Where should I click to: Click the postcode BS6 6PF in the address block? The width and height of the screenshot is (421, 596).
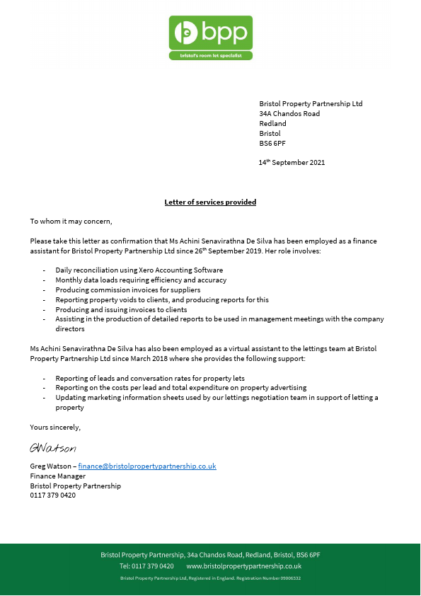coord(272,143)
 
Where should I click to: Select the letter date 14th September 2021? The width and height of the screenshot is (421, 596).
coord(292,163)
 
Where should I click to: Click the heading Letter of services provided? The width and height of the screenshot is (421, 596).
coord(210,202)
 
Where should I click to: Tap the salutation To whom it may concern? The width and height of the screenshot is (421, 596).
coord(71,222)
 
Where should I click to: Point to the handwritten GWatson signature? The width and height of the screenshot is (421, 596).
coord(52,448)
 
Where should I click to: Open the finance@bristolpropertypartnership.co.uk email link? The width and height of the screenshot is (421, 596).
coord(146,466)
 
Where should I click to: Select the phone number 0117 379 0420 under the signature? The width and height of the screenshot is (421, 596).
coord(52,495)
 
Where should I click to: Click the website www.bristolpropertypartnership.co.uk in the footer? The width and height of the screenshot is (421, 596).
coord(243,566)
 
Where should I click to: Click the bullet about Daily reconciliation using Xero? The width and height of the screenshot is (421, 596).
coord(139,270)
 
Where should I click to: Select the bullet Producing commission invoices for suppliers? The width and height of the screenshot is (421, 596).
coord(127,290)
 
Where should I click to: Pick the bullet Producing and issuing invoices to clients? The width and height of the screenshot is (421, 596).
coord(121,309)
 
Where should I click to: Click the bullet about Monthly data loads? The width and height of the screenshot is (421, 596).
coord(141,280)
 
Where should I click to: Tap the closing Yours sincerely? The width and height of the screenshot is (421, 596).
coord(55,428)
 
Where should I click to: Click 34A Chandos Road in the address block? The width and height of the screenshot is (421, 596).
coord(289,114)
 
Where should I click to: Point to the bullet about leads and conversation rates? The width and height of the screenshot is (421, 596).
coord(149,379)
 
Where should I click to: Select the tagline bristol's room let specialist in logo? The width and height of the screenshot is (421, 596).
coord(210,55)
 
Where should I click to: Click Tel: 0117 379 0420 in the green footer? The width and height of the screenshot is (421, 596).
coord(146,566)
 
